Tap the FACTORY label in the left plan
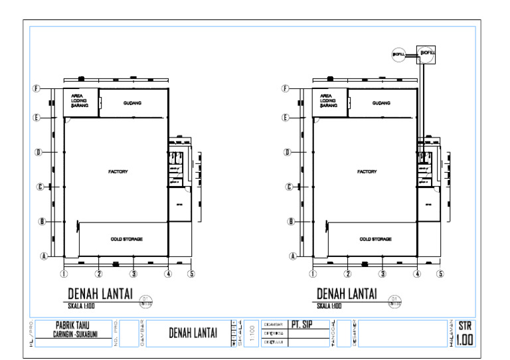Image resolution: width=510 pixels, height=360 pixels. pyautogui.click(x=118, y=171)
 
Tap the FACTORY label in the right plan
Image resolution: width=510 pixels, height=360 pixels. pyautogui.click(x=367, y=171)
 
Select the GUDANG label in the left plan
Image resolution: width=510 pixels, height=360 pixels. pyautogui.click(x=133, y=103)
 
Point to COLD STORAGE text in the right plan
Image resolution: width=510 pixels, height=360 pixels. pyautogui.click(x=375, y=238)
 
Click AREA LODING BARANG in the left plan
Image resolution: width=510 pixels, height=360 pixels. pyautogui.click(x=79, y=100)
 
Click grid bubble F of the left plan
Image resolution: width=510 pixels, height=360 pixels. pyautogui.click(x=38, y=88)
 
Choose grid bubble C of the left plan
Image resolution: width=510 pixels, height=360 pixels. pyautogui.click(x=40, y=187)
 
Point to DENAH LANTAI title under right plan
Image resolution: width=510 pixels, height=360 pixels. pyautogui.click(x=347, y=293)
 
